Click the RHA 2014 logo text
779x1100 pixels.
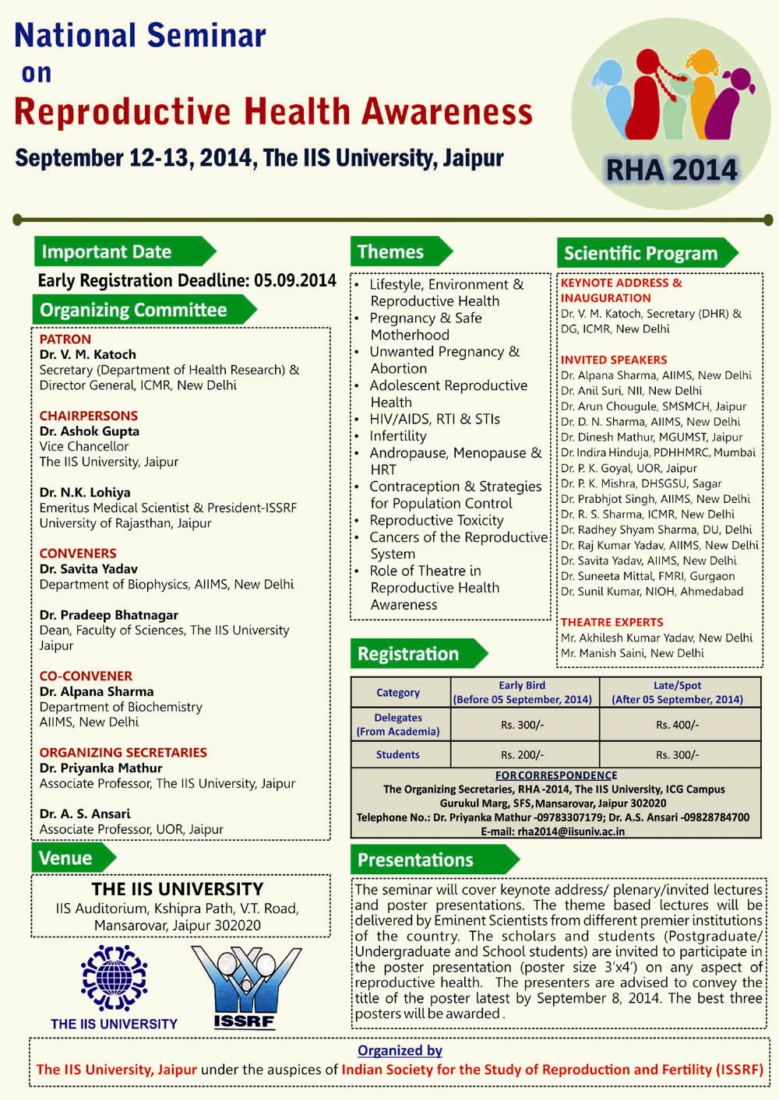click(671, 170)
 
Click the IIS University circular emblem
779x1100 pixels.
click(114, 978)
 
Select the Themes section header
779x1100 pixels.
click(392, 252)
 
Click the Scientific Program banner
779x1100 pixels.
click(641, 253)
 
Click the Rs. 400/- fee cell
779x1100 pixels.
click(677, 725)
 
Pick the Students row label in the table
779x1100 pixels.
click(397, 754)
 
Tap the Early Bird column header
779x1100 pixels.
click(522, 685)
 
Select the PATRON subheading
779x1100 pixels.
click(65, 339)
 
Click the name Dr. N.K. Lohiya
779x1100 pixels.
click(85, 492)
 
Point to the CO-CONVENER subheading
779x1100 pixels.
click(86, 676)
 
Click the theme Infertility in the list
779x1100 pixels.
click(397, 436)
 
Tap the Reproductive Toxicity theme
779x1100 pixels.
click(436, 520)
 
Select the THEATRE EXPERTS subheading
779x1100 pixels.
click(612, 622)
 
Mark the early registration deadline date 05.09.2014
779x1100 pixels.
click(295, 280)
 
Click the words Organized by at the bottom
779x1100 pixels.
click(400, 1050)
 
